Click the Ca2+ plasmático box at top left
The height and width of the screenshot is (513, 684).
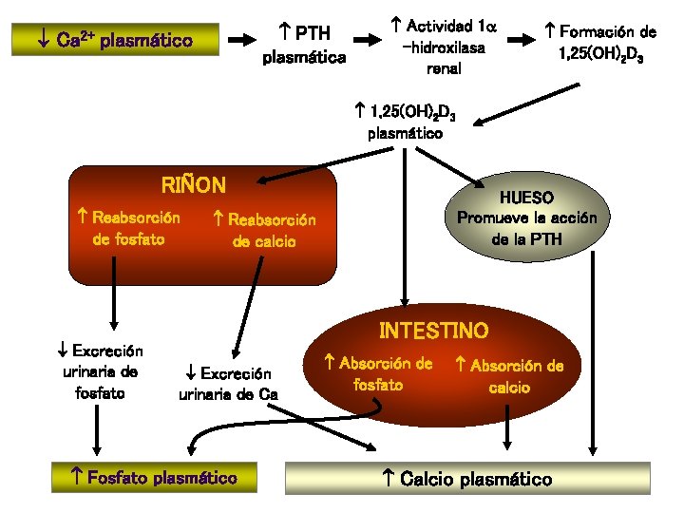114,42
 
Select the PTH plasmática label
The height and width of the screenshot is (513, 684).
304,46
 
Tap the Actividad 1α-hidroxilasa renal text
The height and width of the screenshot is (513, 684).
438,46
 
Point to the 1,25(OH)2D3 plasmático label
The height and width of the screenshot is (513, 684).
406,123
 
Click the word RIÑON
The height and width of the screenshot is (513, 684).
194,184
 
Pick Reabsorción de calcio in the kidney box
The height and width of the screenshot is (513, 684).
264,231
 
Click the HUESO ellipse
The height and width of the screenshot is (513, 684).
527,218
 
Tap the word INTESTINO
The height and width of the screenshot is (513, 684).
433,332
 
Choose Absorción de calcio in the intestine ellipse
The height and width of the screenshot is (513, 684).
509,376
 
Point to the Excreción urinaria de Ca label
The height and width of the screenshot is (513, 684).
228,384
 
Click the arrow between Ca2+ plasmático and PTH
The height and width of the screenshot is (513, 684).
244,40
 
